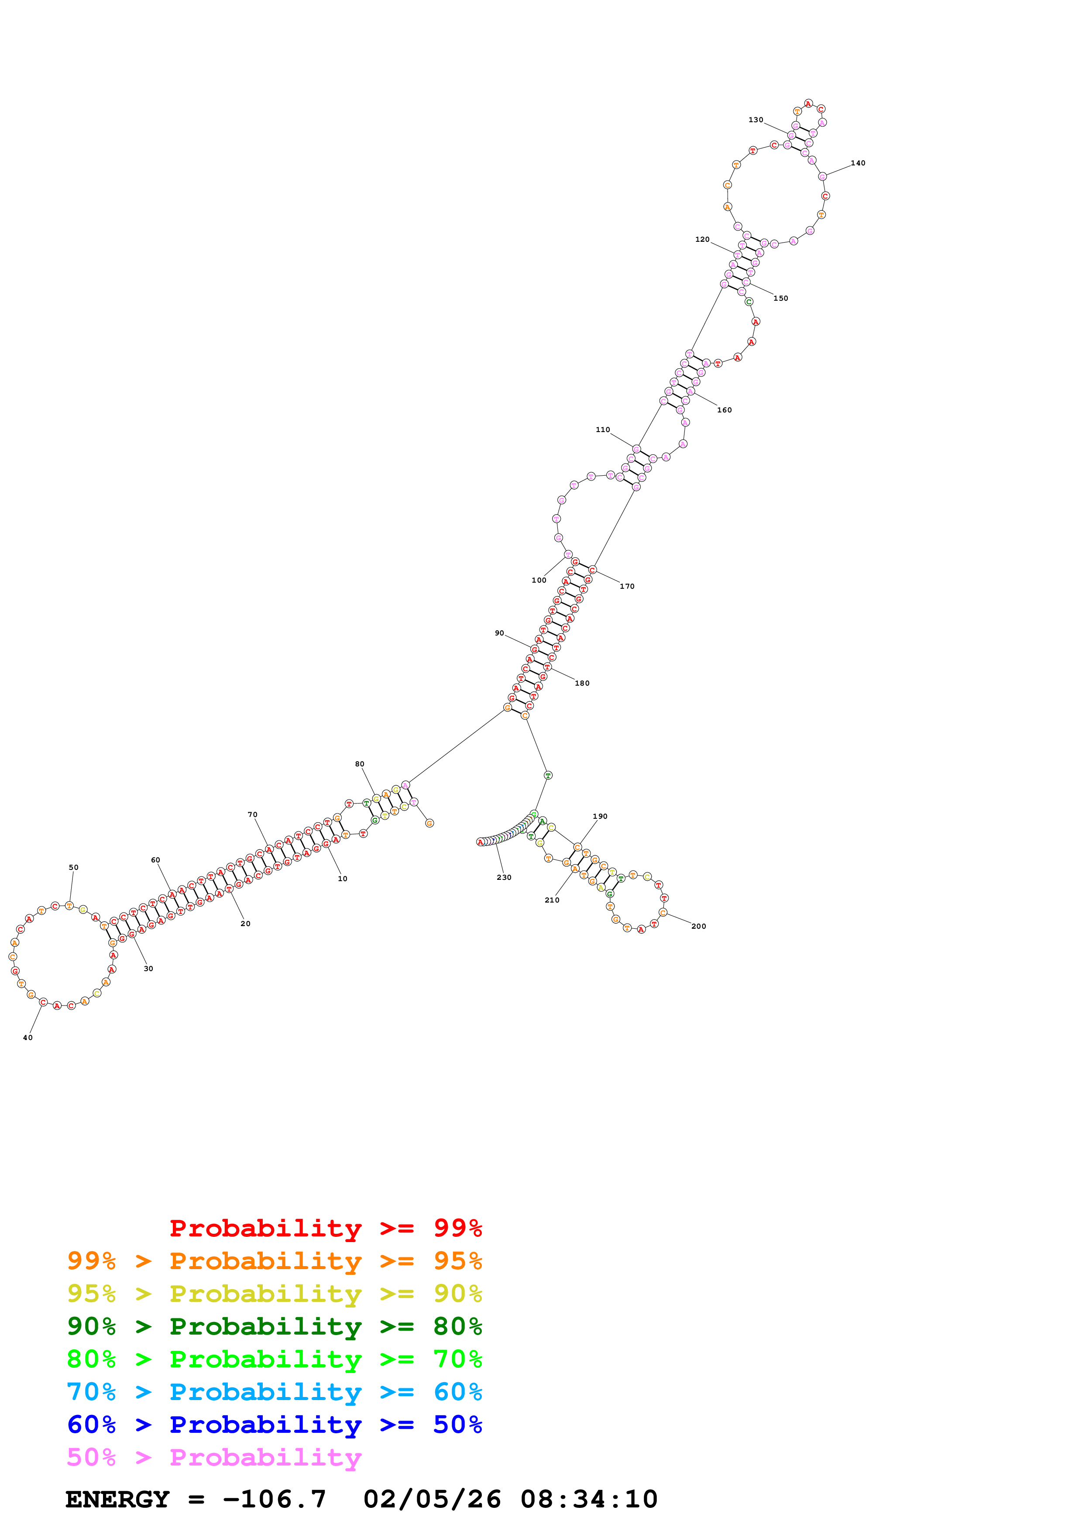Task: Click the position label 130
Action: click(x=756, y=120)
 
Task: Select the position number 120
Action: click(x=702, y=240)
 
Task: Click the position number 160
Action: click(x=724, y=410)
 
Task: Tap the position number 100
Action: click(x=539, y=580)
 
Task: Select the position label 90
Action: click(x=499, y=633)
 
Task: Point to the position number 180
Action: click(x=581, y=683)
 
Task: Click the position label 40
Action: click(x=27, y=1037)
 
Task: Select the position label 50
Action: click(x=73, y=868)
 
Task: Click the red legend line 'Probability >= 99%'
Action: click(x=325, y=1228)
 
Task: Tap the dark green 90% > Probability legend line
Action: click(x=274, y=1326)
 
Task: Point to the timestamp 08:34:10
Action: click(x=589, y=1499)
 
